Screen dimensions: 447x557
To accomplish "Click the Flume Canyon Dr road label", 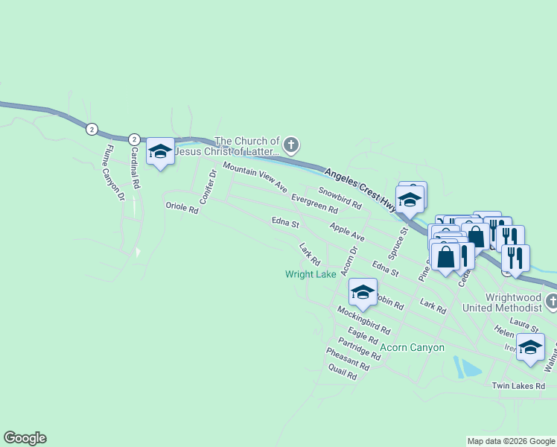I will coord(114,174).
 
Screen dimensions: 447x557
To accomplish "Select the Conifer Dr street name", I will coord(207,186).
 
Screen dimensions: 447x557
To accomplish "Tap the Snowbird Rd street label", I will coord(340,197).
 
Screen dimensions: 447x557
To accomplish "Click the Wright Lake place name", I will coord(311,274).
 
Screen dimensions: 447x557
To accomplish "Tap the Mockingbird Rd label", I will coord(363,319).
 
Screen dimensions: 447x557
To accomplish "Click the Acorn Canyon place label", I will coord(412,348).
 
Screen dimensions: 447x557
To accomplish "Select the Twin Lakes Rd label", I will coord(518,386).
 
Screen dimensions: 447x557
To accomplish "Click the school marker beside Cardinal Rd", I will coord(160,151).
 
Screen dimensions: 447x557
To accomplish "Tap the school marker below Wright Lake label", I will coord(363,292).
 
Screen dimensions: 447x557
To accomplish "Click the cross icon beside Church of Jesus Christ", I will coord(292,144).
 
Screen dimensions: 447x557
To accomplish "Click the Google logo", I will coord(25,438).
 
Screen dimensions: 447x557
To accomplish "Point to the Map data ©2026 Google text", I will coord(510,441).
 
